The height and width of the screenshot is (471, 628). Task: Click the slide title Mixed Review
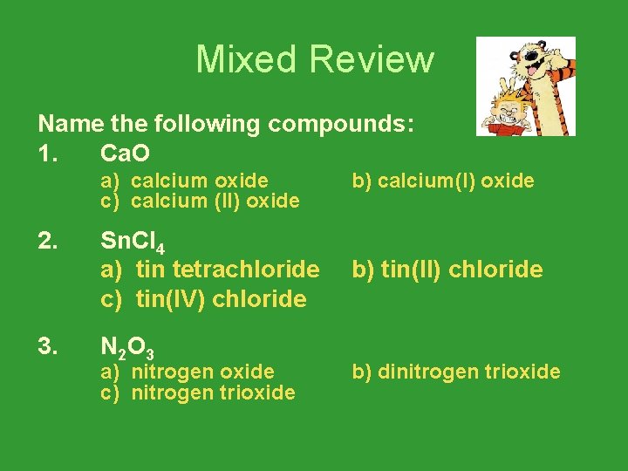[x=314, y=59]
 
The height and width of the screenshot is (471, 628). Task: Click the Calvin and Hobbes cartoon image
[x=525, y=86]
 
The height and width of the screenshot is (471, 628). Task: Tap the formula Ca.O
[x=126, y=154]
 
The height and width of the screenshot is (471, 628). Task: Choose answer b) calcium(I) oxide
[x=443, y=181]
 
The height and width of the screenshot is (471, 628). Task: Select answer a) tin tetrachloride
[x=210, y=270]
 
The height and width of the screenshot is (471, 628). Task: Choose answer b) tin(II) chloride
[x=447, y=270]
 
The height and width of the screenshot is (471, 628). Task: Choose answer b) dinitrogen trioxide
[x=456, y=372]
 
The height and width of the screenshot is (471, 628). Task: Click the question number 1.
[x=48, y=154]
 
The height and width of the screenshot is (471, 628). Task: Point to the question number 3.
[x=48, y=348]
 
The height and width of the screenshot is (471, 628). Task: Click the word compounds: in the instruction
[x=340, y=125]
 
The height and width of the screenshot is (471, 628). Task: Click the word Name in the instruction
[x=65, y=124]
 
